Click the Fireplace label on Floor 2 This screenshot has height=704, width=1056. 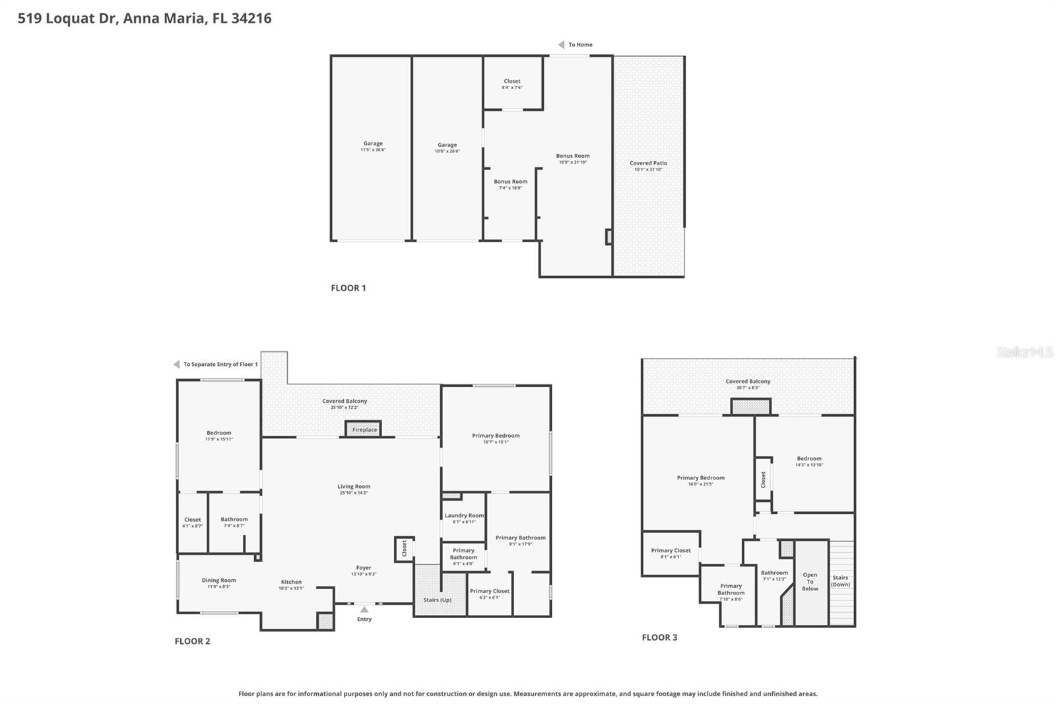coord(364,430)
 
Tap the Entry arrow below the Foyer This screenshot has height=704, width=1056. coord(364,610)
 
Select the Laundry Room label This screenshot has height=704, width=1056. coord(464,516)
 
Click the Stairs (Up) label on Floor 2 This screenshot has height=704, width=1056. coord(437,600)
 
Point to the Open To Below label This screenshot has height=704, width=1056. coord(810,582)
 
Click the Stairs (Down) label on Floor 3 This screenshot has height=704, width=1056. coord(840,581)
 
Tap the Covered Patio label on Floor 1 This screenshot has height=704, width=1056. coord(648,163)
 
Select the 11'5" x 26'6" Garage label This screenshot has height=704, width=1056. coord(373,144)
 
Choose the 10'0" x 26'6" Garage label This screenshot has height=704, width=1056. coord(447,145)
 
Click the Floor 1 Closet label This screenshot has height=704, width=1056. coord(512,82)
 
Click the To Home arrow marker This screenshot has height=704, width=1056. coord(561,45)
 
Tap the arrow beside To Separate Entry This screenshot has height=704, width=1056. coord(176,365)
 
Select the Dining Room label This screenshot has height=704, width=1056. coord(218,581)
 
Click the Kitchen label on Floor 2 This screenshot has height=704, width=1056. coord(291,582)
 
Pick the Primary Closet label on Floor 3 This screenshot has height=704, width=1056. coord(671,551)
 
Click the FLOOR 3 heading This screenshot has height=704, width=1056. coord(659,637)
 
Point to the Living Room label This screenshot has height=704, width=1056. coord(354,487)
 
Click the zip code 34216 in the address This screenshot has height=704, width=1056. coord(251,18)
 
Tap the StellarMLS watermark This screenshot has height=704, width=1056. coord(1024,352)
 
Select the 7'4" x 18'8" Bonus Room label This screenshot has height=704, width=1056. coord(510,182)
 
